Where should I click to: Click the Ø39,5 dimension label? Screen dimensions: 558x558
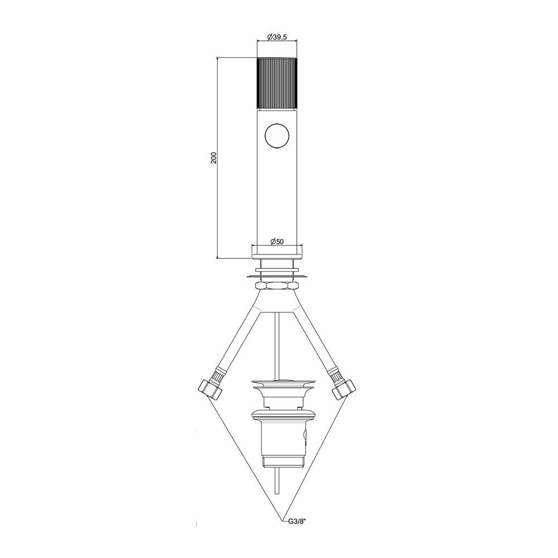[277, 37]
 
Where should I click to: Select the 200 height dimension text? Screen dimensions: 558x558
[214, 158]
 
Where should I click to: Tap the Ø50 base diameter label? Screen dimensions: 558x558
[277, 242]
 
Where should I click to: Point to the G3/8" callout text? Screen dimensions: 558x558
[296, 522]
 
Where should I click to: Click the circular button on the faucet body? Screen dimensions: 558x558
[277, 136]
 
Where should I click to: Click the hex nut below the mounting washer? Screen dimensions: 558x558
[277, 285]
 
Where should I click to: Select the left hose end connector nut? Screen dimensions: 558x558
[210, 389]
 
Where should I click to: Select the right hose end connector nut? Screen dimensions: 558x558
[344, 389]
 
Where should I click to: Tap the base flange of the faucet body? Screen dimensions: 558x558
[277, 256]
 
